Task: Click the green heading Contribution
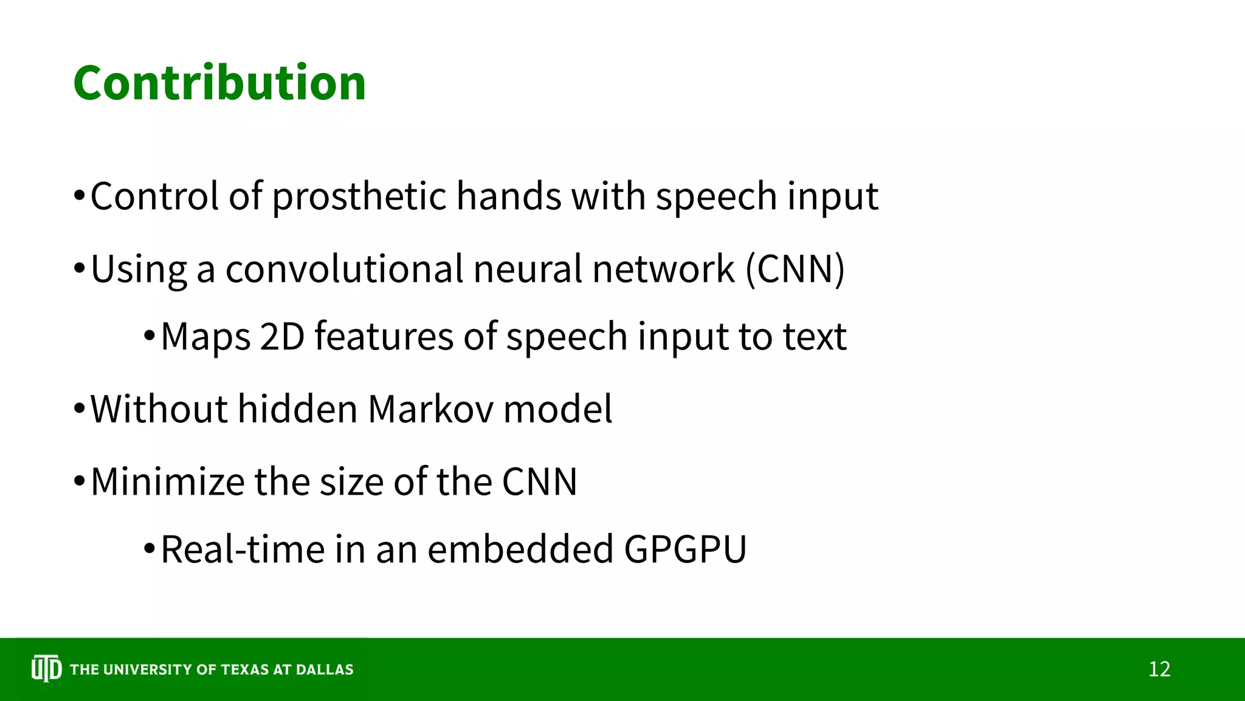coord(219,83)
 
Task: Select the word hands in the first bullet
coord(508,197)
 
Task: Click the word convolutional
coord(344,270)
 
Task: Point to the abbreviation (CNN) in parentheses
coord(795,270)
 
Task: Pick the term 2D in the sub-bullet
coord(281,337)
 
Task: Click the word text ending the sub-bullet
coord(814,337)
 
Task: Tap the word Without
coord(159,409)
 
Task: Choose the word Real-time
coord(243,549)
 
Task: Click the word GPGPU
coord(685,549)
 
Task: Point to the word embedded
coord(520,549)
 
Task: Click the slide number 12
coord(1159,669)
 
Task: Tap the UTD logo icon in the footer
coord(46,669)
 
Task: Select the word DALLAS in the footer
coord(324,670)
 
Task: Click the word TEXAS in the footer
coord(244,670)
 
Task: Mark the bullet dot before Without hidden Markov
coord(79,410)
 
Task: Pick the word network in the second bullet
coord(663,270)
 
